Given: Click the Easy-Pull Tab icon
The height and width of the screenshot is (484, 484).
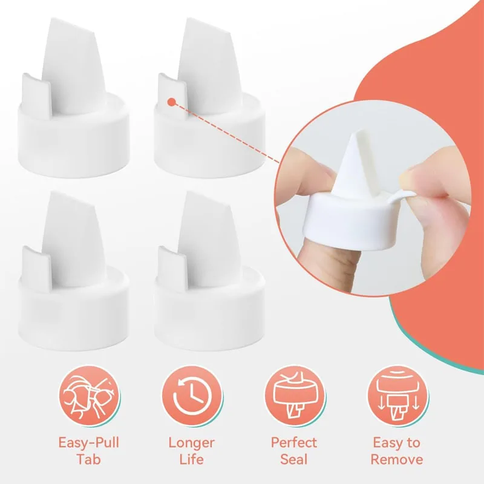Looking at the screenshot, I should pyautogui.click(x=90, y=397).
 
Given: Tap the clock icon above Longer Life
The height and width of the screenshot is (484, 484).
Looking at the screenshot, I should pyautogui.click(x=192, y=397).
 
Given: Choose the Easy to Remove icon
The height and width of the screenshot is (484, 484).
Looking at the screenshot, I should pyautogui.click(x=396, y=397).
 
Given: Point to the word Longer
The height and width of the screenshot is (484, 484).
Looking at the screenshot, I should pyautogui.click(x=192, y=442).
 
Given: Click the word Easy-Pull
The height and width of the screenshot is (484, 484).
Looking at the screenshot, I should pyautogui.click(x=90, y=442).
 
